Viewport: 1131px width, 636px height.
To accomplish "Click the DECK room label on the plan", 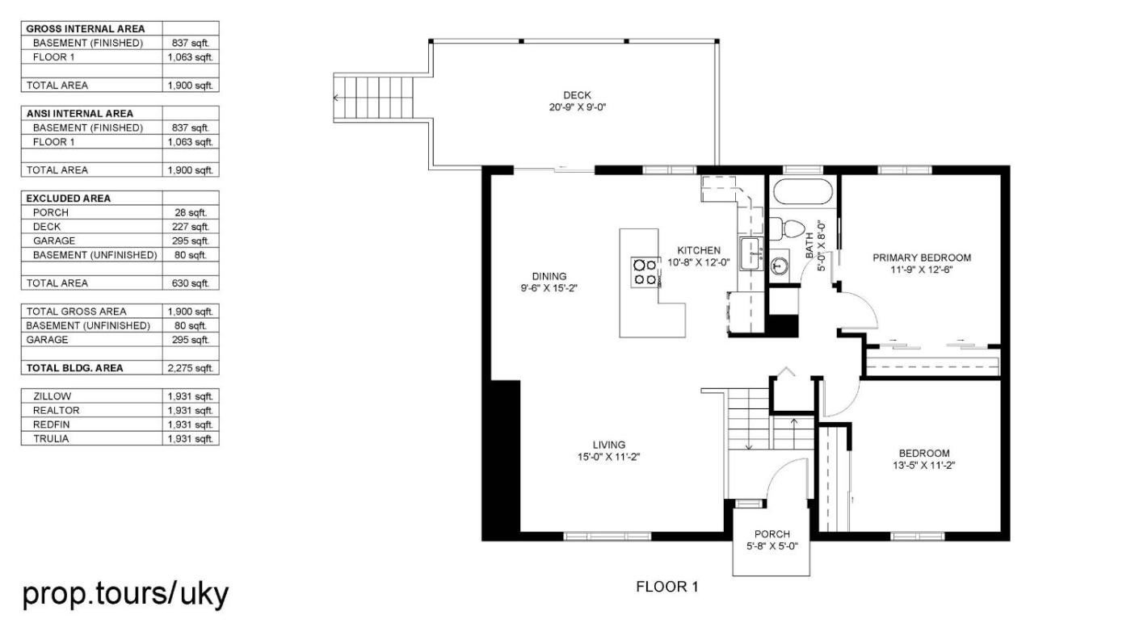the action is tap(577, 94).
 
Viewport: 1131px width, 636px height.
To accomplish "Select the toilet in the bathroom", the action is tap(787, 229).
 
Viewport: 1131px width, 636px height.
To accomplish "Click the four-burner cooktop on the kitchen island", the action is tap(645, 272).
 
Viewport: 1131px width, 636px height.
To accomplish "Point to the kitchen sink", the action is tap(750, 253).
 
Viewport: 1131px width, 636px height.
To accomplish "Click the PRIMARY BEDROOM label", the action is tap(922, 257).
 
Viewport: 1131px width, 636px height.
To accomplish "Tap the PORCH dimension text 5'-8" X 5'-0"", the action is tap(772, 546).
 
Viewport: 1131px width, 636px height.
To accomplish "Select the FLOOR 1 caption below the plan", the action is tap(667, 587).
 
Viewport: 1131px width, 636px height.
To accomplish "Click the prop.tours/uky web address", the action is tap(126, 594).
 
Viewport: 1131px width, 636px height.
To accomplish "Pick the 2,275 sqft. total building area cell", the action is tap(191, 368).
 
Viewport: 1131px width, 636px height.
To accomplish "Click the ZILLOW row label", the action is tap(52, 396).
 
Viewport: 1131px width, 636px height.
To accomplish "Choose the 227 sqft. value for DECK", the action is tap(191, 227).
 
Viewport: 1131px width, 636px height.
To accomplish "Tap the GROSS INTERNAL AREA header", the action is tap(86, 29).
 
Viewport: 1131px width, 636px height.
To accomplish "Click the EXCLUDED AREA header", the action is tap(68, 199).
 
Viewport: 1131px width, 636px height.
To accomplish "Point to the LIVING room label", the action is tap(609, 445).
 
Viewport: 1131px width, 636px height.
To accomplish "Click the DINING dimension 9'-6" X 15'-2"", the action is tap(549, 288).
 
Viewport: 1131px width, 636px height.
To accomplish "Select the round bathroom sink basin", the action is tap(780, 266).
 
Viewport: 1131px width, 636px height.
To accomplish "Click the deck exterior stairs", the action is tap(373, 98).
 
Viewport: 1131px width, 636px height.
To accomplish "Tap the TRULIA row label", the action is tap(51, 439).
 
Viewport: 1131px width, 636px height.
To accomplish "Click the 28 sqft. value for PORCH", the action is tap(191, 213).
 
